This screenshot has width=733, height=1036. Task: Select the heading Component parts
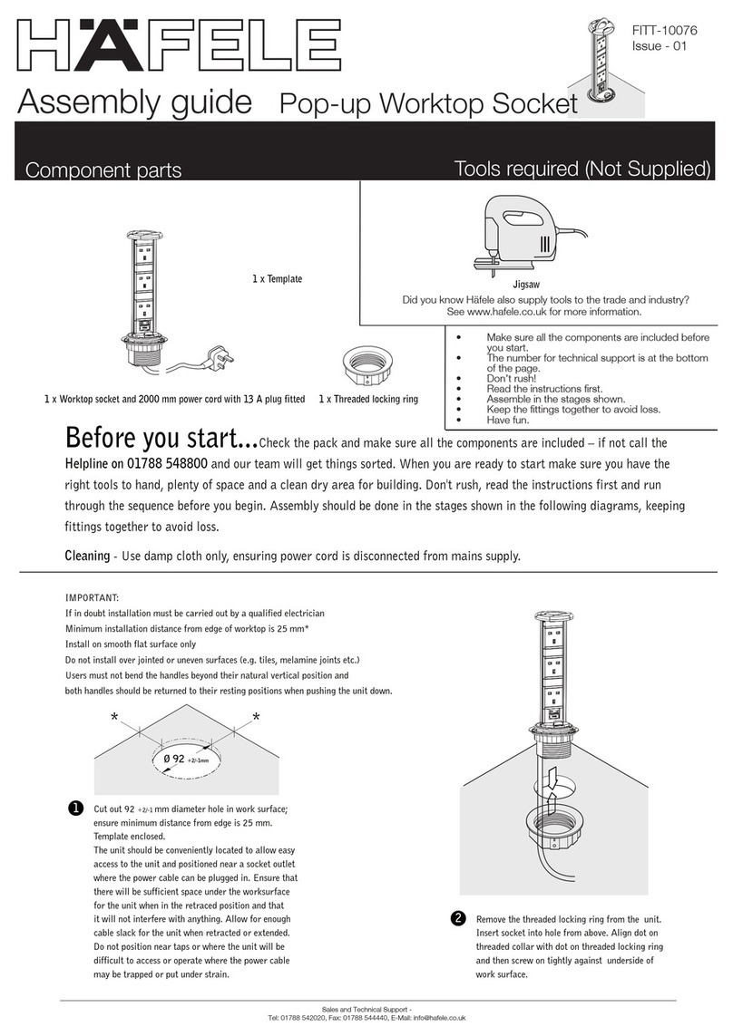[103, 169]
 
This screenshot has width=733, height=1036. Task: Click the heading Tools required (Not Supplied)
[581, 169]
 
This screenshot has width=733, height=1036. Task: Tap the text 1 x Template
[277, 279]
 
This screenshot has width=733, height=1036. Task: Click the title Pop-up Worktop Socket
[427, 105]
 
